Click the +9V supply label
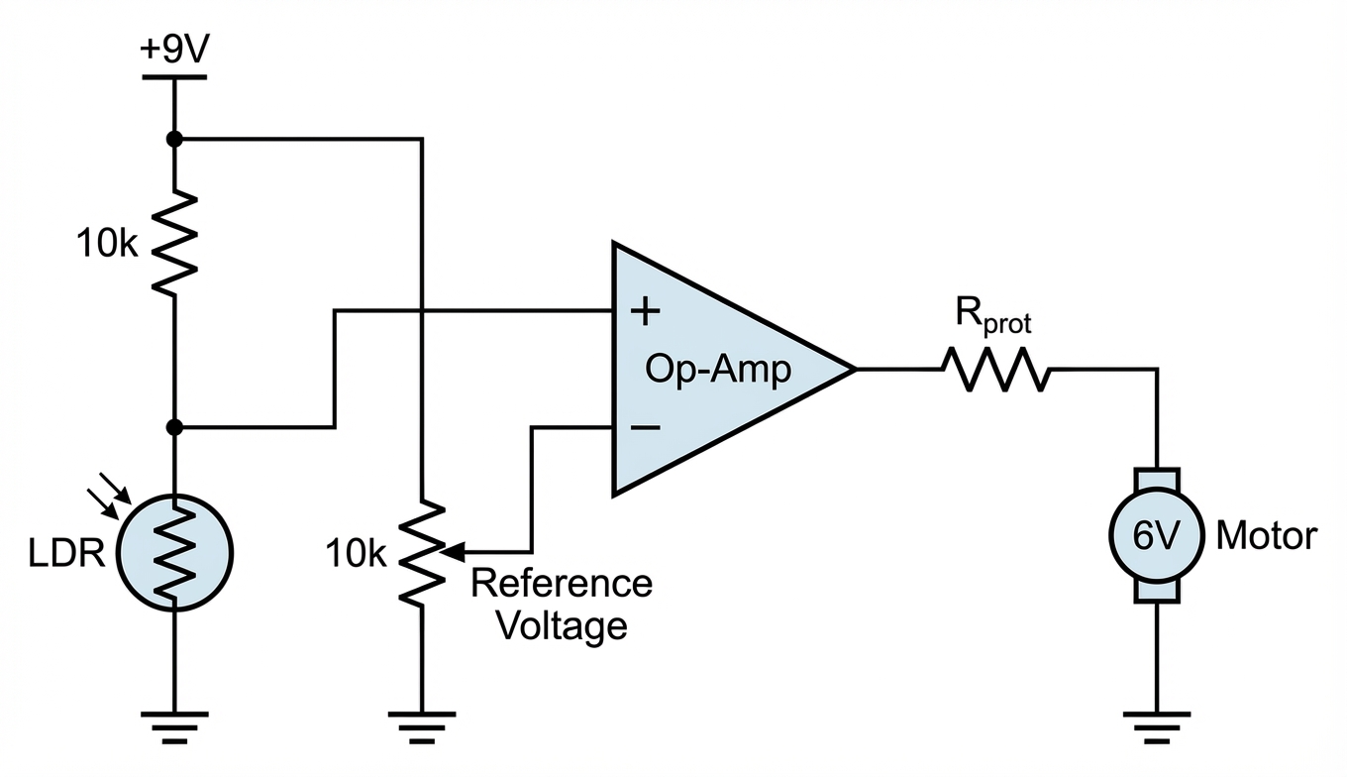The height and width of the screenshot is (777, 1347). (x=174, y=49)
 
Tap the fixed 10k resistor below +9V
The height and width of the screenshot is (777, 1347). (x=174, y=244)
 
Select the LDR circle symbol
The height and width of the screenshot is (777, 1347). (x=174, y=553)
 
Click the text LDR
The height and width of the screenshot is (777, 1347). (x=66, y=553)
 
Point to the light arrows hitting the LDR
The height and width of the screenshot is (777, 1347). (x=109, y=496)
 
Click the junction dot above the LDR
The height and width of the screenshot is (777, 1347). (x=174, y=427)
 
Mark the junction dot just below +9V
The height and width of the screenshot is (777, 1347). (x=174, y=139)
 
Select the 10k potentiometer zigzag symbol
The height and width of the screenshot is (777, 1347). (x=422, y=553)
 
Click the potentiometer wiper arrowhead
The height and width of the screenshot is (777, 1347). (x=454, y=551)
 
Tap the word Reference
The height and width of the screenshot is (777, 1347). (x=561, y=583)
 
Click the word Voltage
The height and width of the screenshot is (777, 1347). (x=563, y=626)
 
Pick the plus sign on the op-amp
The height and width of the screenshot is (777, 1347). (x=645, y=311)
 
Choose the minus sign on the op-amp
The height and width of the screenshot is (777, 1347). (x=645, y=427)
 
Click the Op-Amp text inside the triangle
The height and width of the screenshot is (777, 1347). (x=717, y=369)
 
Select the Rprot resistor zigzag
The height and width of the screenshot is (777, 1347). (x=995, y=369)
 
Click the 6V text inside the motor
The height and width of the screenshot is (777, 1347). (x=1156, y=535)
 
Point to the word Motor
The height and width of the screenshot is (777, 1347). (x=1267, y=535)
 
